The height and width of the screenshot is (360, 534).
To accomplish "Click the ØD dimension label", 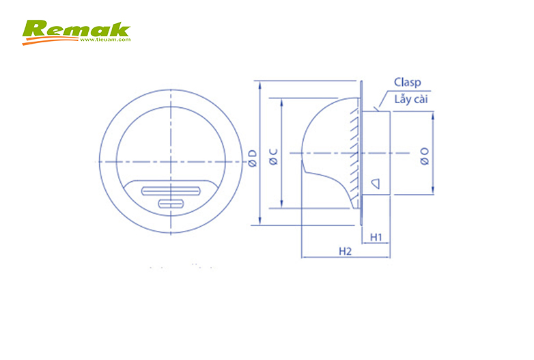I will point(253,157).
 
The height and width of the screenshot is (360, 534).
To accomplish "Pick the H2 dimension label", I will point(345,251).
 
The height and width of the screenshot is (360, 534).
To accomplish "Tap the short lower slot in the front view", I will point(170,204).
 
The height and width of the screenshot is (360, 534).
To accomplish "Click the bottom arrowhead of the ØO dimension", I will point(432,192).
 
